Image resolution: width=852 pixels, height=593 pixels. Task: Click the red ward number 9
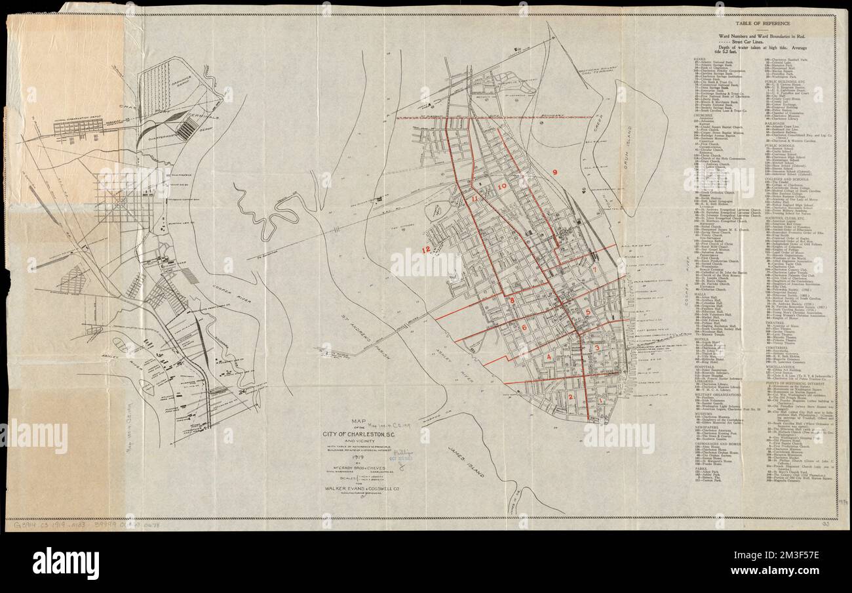point(554,172)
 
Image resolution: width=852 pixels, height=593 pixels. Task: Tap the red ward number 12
point(427,249)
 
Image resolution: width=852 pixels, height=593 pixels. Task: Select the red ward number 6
point(524,327)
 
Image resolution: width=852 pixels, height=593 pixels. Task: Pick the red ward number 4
point(549,357)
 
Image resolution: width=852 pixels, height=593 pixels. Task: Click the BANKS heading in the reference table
point(699,58)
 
